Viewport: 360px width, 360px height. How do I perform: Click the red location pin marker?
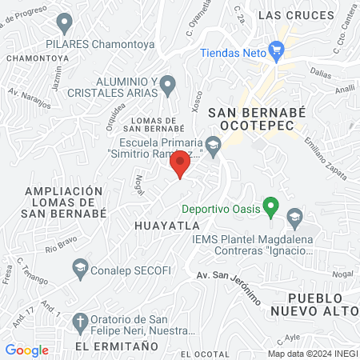180,162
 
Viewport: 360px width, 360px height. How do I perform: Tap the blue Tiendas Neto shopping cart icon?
277,50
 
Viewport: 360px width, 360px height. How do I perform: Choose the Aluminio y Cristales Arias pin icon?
168,83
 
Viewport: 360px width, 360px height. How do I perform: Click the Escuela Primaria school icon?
213,145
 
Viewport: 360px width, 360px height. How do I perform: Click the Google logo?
26,350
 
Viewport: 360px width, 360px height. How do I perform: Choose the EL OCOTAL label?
208,354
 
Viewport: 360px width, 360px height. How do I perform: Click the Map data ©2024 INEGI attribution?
311,353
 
